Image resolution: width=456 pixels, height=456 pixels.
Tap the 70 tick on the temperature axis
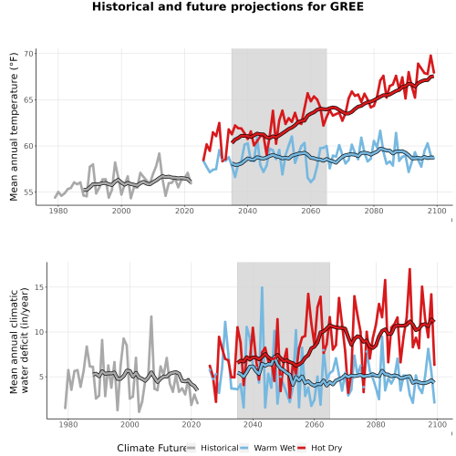point(29,54)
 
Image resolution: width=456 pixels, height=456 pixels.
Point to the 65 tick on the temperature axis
point(29,100)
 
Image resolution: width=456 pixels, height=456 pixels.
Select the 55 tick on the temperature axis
point(29,192)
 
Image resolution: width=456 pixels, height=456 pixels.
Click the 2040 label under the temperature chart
point(248,211)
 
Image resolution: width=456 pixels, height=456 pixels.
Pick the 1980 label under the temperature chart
point(58,211)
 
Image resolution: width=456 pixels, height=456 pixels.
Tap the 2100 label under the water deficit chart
point(437,424)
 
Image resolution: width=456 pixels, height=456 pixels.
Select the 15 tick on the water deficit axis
point(39,287)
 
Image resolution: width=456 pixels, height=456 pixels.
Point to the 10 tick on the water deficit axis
point(39,332)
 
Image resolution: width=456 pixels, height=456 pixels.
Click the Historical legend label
point(220,448)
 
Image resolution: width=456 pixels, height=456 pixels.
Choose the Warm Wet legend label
point(275,448)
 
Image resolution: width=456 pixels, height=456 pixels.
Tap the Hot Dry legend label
point(326,448)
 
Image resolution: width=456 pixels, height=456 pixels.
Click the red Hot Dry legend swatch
point(301,448)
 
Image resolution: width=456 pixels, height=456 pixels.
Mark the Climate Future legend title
point(151,448)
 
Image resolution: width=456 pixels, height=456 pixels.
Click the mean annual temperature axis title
point(14,127)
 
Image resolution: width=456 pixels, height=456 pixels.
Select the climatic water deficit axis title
point(19,340)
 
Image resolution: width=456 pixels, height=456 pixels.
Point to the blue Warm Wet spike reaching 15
point(262,287)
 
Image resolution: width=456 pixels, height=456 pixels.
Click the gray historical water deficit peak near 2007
point(151,316)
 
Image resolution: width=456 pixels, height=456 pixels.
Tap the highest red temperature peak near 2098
point(430,56)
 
